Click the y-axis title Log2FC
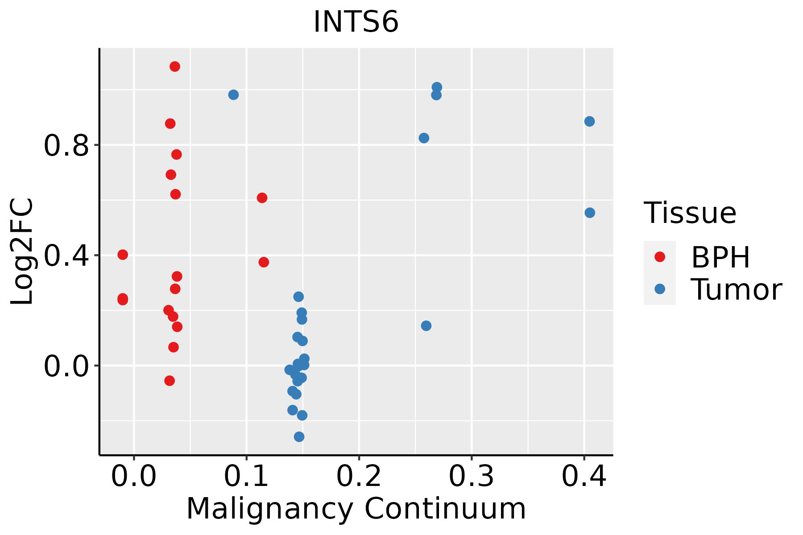pyautogui.click(x=22, y=252)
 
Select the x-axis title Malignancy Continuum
pyautogui.click(x=356, y=509)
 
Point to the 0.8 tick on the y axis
pyautogui.click(x=67, y=145)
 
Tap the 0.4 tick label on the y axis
pyautogui.click(x=67, y=255)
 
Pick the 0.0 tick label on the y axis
pyautogui.click(x=67, y=366)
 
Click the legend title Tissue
pyautogui.click(x=690, y=213)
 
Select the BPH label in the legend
pyautogui.click(x=720, y=257)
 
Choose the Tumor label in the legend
pyautogui.click(x=736, y=289)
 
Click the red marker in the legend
pyautogui.click(x=659, y=257)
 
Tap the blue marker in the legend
pyautogui.click(x=659, y=289)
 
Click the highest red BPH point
pyautogui.click(x=175, y=66)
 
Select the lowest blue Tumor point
pyautogui.click(x=299, y=436)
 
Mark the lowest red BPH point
pyautogui.click(x=170, y=380)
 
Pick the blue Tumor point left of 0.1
pyautogui.click(x=233, y=95)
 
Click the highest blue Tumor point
pyautogui.click(x=437, y=87)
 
